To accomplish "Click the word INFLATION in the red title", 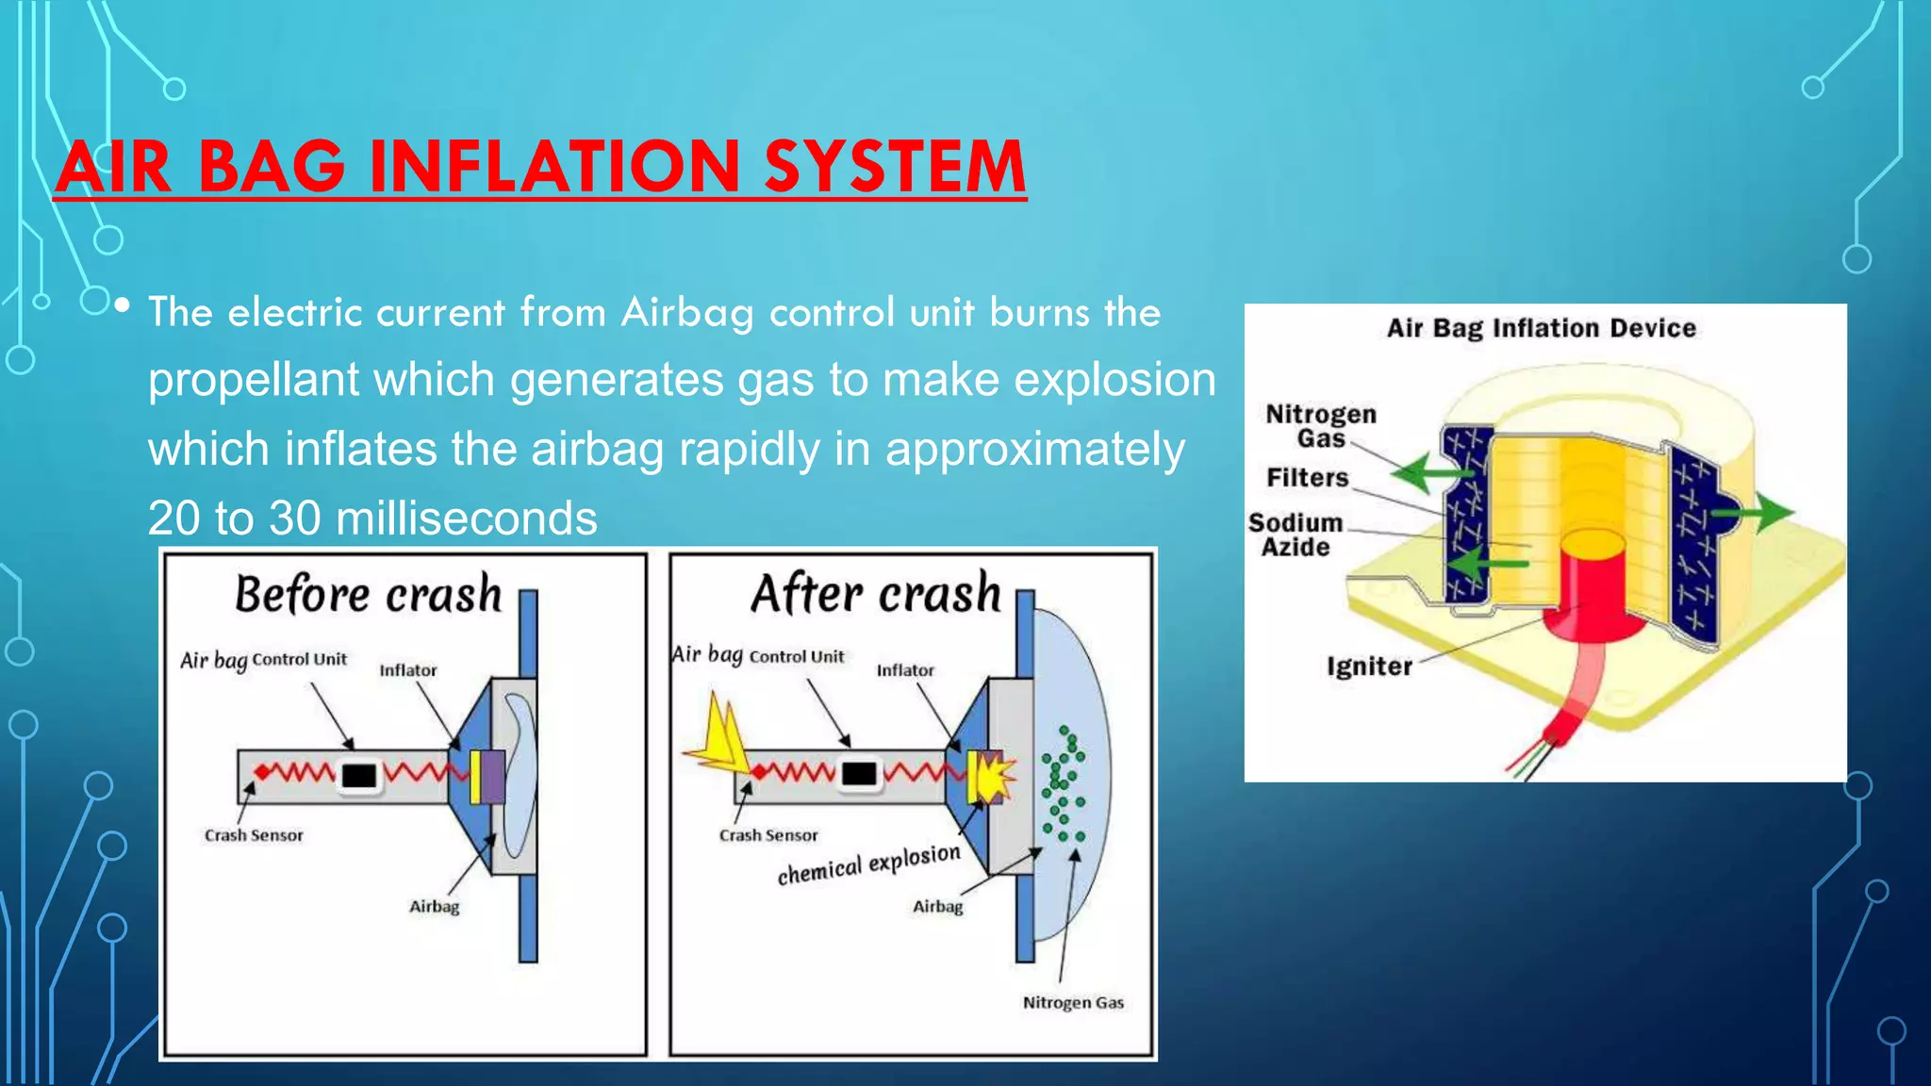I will [554, 167].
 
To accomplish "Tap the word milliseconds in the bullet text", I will [466, 518].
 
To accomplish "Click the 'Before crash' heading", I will [368, 594].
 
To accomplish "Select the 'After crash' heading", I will [876, 594].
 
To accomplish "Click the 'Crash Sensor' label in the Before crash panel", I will [254, 835].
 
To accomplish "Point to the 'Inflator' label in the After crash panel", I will [905, 670].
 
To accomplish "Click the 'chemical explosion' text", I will [868, 864].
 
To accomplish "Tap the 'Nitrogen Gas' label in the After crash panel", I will [1073, 1003].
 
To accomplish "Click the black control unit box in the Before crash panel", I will [359, 776].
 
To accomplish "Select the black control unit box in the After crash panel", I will [859, 774].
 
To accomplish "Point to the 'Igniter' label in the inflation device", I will [1369, 666].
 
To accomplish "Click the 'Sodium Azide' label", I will [1296, 535].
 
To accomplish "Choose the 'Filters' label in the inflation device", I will [1307, 478].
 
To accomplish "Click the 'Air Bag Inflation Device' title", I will [1541, 328].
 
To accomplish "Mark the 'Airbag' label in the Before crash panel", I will [434, 907].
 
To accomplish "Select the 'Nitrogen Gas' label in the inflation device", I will [1320, 426].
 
